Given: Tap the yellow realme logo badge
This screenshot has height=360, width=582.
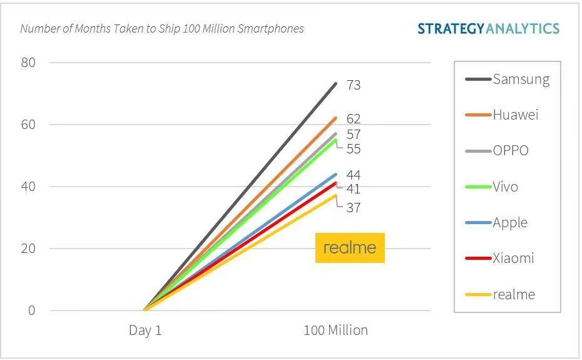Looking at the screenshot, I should point(350,248).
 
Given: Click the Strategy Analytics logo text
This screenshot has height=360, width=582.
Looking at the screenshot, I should point(488,28).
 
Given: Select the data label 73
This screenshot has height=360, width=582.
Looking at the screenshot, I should point(354,85).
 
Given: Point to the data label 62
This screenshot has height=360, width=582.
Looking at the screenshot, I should point(354,119).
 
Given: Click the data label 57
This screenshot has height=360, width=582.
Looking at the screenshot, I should point(354,135).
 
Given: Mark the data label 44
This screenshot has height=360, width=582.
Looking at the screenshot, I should point(354,175).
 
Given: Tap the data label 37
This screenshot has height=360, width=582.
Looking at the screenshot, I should point(354,208).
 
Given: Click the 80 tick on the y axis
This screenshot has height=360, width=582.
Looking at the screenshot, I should point(29,63).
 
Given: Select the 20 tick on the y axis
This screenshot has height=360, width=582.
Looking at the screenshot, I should point(29,249).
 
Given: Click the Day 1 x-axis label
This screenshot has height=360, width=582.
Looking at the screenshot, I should point(145,331).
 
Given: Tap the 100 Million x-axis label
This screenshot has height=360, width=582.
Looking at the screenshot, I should point(335,331).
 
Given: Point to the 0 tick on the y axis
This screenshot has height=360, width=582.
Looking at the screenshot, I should point(32,311).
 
